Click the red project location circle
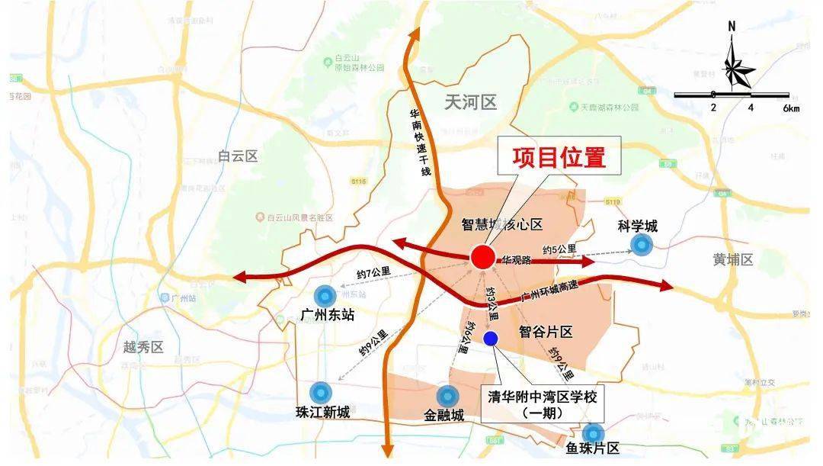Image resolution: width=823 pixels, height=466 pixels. coord(482,257)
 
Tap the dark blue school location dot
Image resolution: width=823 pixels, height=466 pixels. coord(490,338)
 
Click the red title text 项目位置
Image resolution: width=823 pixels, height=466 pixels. coord(559,158)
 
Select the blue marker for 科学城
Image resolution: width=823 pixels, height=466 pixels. coord(642,244)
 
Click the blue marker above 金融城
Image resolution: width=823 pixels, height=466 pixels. coord(446,396)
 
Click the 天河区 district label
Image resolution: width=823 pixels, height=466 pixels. coord(470,102)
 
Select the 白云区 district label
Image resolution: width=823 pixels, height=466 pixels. coord(237,156)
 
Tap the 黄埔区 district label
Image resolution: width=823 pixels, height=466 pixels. coord(733,259)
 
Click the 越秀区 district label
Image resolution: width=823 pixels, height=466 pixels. coord(143,348)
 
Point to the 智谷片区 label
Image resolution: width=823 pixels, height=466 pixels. coord(545,332)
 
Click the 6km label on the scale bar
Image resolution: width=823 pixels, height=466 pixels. coord(791,108)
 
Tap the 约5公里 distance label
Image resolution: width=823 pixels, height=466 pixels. coord(559,249)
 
